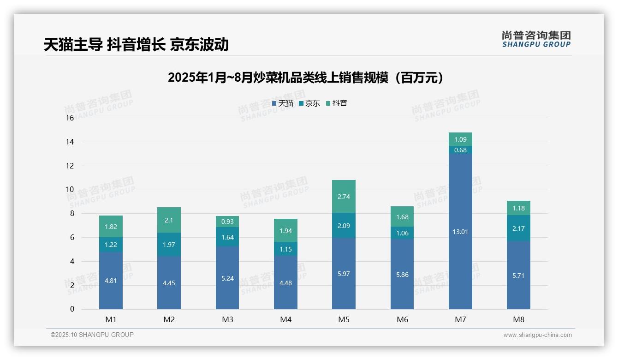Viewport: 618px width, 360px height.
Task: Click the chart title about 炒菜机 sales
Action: [x=306, y=78]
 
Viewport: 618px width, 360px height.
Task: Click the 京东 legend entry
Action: [x=309, y=103]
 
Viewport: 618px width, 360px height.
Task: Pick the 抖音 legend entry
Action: [x=337, y=103]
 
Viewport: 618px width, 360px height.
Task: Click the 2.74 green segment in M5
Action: [x=344, y=197]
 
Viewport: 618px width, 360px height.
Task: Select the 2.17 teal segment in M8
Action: [x=518, y=228]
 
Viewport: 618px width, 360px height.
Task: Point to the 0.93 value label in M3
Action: [x=227, y=222]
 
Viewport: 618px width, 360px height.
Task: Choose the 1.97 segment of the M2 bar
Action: [x=169, y=245]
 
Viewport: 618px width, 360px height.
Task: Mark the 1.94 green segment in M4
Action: [x=285, y=230]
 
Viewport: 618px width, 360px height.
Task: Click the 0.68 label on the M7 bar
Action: [x=460, y=150]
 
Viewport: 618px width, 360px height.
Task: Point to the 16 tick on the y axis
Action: [x=70, y=118]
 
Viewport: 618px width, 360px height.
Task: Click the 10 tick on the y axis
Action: [x=70, y=190]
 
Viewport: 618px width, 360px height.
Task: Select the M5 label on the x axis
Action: [x=344, y=319]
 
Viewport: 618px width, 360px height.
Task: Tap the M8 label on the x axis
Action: [x=518, y=319]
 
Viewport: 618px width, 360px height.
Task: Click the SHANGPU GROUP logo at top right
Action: [x=536, y=39]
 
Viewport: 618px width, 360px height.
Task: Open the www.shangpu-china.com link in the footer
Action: [x=537, y=335]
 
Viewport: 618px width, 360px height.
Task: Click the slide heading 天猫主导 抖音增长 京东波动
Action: [x=136, y=44]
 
